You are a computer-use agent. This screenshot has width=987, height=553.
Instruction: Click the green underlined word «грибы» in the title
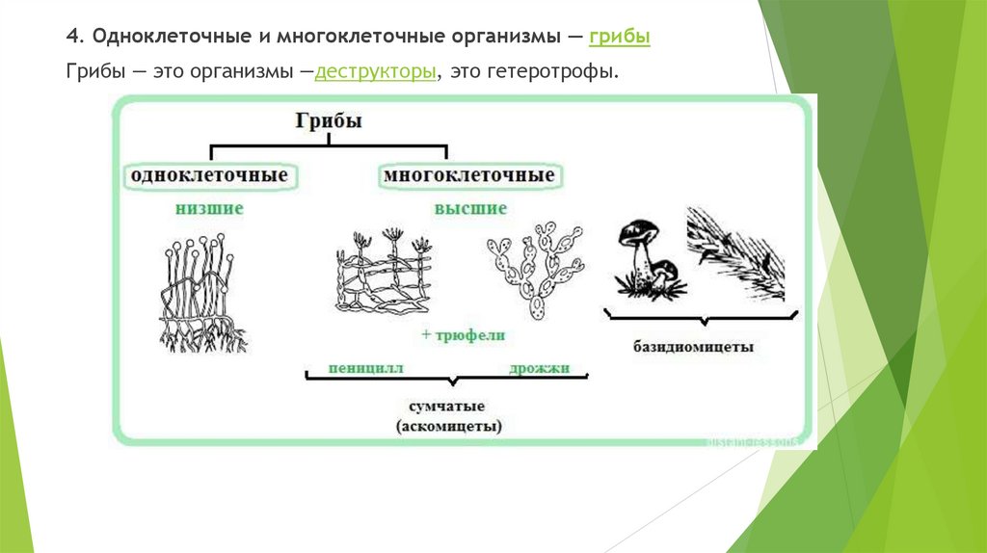[x=620, y=38]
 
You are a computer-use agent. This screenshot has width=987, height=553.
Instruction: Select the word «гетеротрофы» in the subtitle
[x=561, y=72]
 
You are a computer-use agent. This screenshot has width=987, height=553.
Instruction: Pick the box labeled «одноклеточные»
[x=209, y=176]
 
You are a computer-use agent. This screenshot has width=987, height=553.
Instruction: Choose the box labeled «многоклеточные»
[x=468, y=176]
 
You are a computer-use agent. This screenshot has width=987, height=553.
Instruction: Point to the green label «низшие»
[x=209, y=208]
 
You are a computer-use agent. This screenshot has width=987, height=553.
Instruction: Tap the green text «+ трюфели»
[x=463, y=335]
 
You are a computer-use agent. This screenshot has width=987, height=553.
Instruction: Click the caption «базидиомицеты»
[x=694, y=345]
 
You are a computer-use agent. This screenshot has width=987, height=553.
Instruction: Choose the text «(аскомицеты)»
[x=449, y=425]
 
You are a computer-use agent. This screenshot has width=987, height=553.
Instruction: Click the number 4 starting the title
[x=71, y=38]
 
